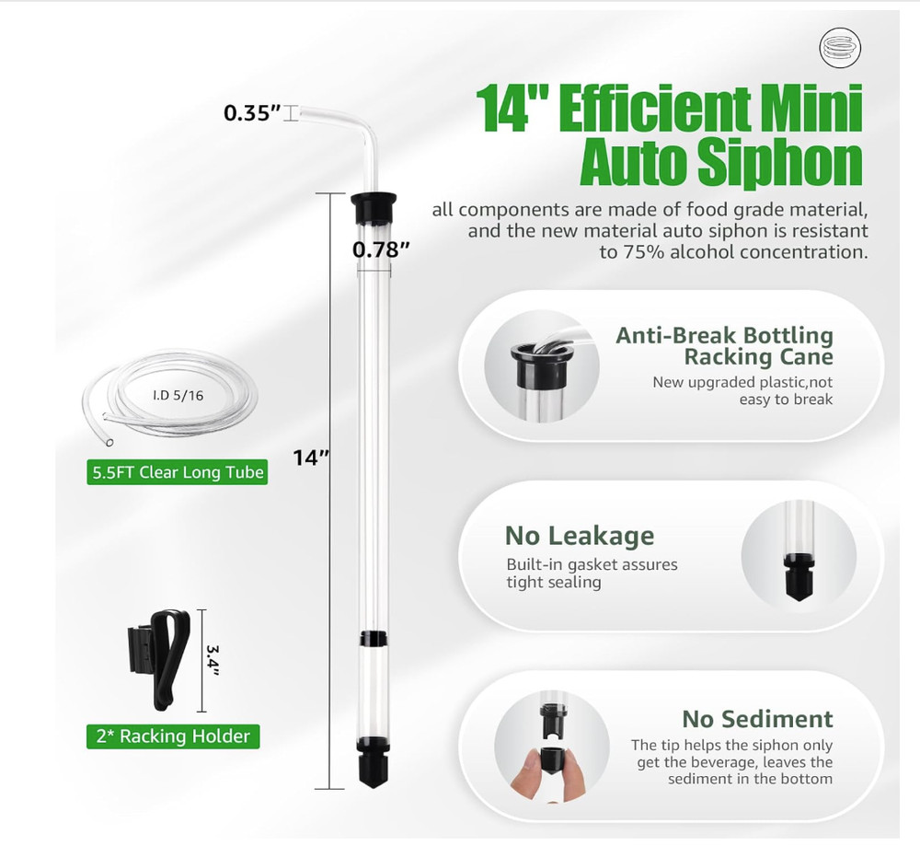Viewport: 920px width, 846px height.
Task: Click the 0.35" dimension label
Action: pyautogui.click(x=251, y=113)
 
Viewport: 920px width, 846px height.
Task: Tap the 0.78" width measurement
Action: pyautogui.click(x=381, y=248)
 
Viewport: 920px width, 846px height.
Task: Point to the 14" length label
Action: pyautogui.click(x=311, y=457)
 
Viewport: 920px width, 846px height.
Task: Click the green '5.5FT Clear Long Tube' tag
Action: pyautogui.click(x=178, y=473)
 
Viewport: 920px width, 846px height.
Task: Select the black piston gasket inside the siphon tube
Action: pyautogui.click(x=374, y=637)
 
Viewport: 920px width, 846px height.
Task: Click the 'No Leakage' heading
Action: pyautogui.click(x=580, y=536)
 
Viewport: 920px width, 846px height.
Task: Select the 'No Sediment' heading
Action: pyautogui.click(x=757, y=719)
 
